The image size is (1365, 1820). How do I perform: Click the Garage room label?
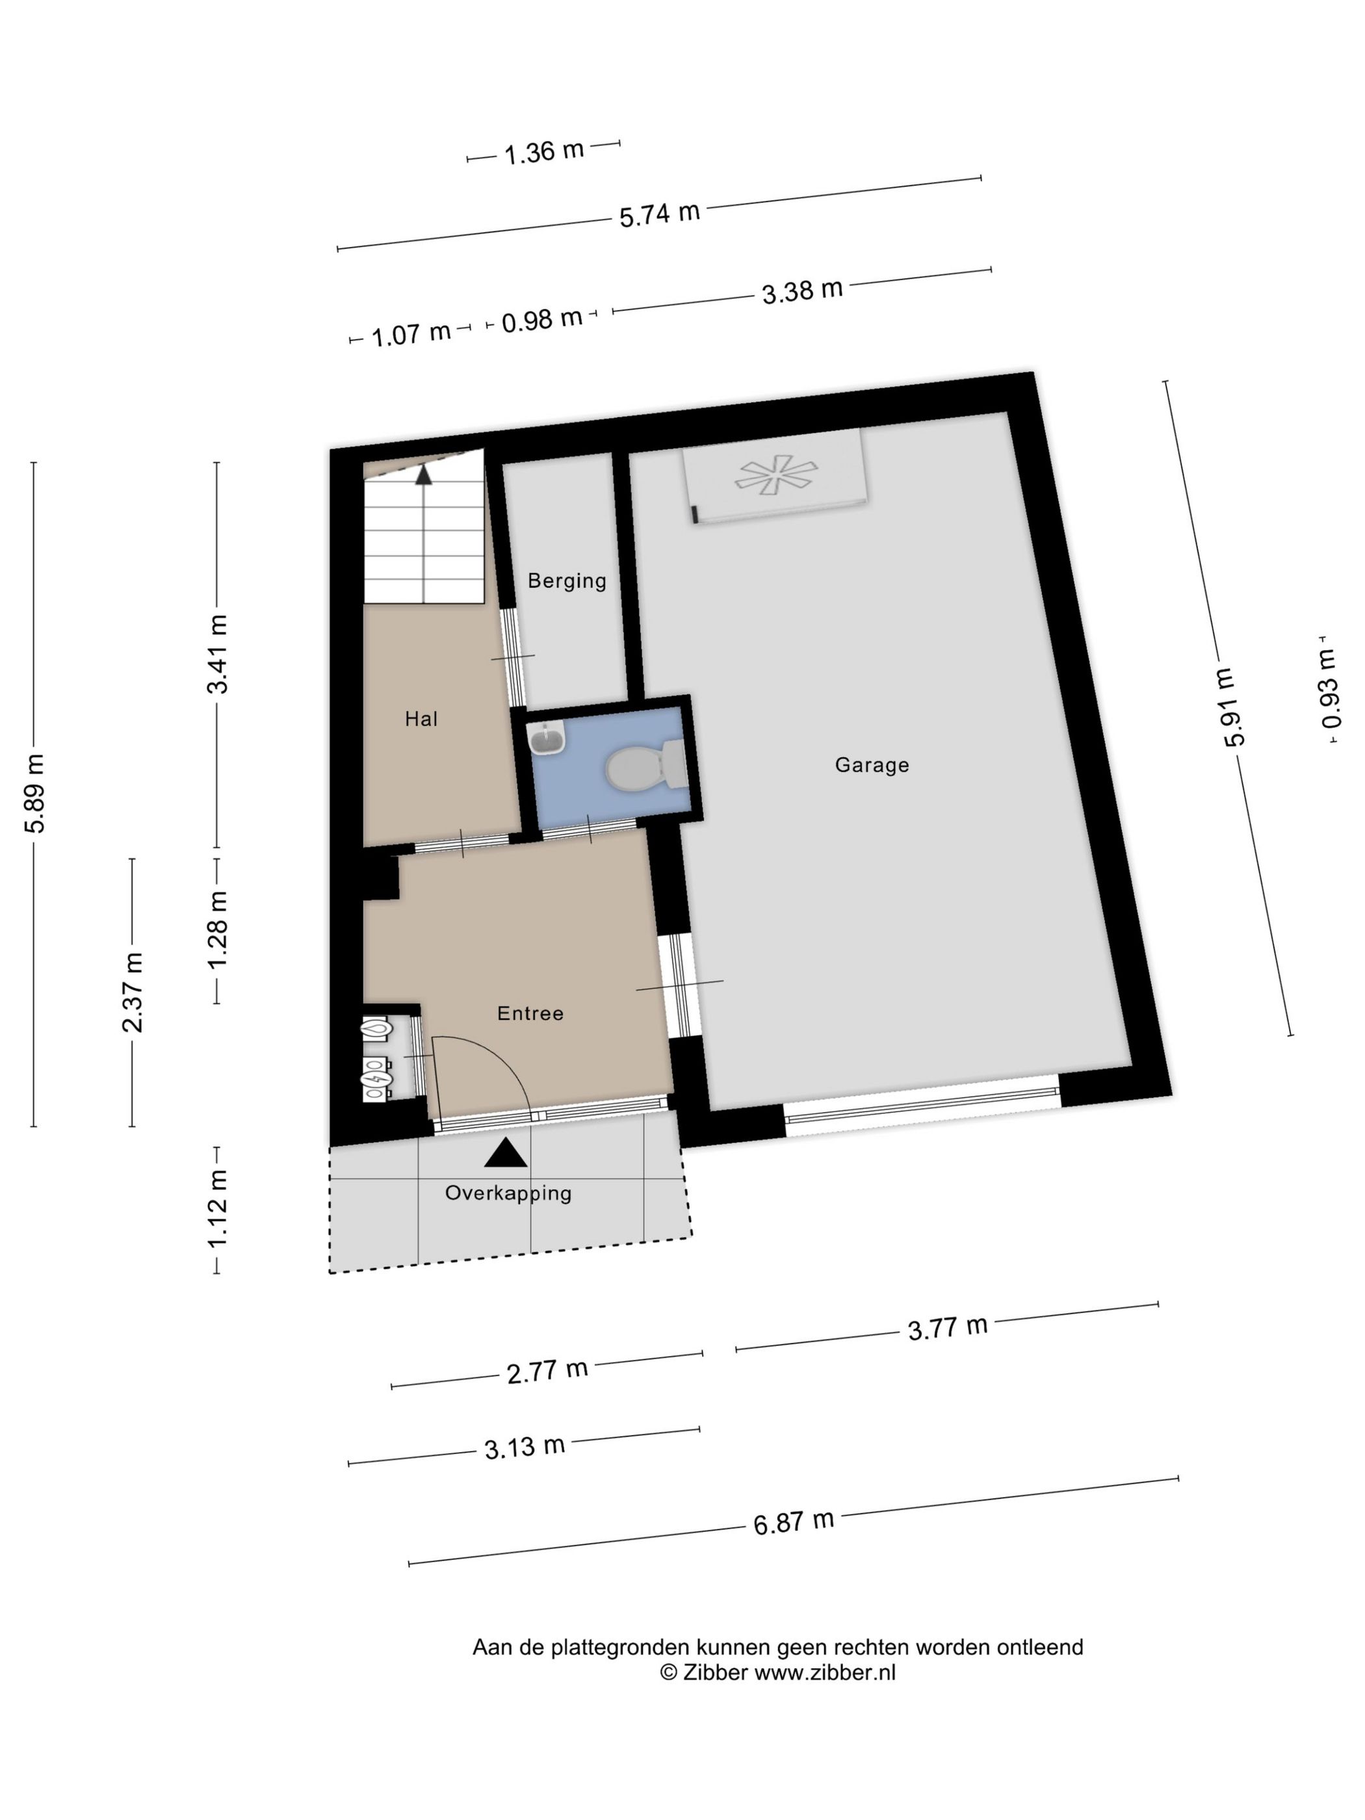(872, 765)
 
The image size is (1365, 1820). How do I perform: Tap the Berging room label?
(567, 581)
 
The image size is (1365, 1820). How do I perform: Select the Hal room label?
(421, 719)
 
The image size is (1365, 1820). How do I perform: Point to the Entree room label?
(530, 1013)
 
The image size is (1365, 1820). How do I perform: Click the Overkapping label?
(508, 1193)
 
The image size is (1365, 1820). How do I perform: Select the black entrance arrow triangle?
(505, 1154)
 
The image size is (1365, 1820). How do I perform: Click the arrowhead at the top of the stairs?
(424, 474)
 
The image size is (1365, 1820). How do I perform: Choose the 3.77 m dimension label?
(947, 1328)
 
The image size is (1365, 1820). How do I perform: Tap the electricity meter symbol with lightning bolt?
(375, 1078)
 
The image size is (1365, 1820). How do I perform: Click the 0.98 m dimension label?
(542, 319)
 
